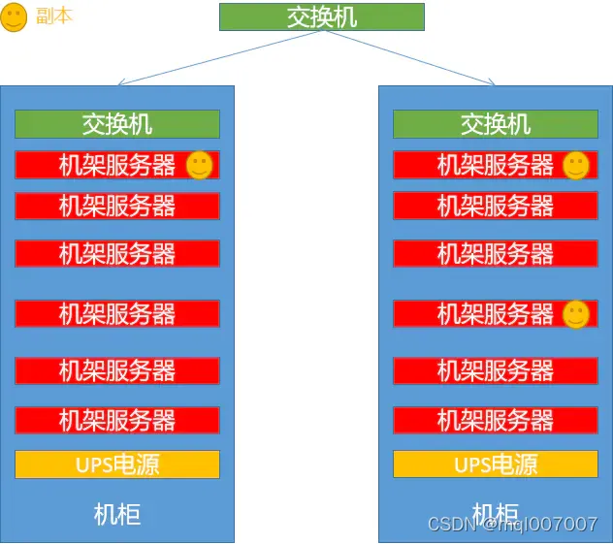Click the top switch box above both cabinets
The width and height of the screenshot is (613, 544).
pyautogui.click(x=321, y=16)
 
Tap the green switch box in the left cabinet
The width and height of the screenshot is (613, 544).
pyautogui.click(x=116, y=124)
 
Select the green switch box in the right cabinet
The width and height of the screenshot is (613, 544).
pyautogui.click(x=495, y=124)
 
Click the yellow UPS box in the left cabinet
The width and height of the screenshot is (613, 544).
pyautogui.click(x=116, y=464)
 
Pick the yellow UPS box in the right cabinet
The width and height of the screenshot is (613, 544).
pyautogui.click(x=495, y=464)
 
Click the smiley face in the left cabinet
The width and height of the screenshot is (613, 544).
pyautogui.click(x=199, y=165)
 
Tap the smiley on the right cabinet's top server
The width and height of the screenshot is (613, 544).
pyautogui.click(x=576, y=165)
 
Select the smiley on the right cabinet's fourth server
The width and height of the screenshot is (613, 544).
pyautogui.click(x=576, y=313)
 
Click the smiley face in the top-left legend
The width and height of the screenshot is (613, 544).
pyautogui.click(x=14, y=17)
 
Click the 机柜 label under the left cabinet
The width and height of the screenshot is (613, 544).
pyautogui.click(x=116, y=513)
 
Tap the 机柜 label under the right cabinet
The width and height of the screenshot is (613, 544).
pyautogui.click(x=495, y=513)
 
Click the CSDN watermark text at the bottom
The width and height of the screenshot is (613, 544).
pyautogui.click(x=512, y=525)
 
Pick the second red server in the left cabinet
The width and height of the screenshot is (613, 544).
pyautogui.click(x=116, y=206)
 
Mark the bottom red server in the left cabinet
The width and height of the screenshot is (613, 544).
pyautogui.click(x=116, y=420)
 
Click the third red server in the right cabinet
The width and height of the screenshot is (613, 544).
pyautogui.click(x=495, y=253)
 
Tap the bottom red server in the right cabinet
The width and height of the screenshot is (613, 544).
pyautogui.click(x=495, y=420)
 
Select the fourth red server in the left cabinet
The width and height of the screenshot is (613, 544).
pyautogui.click(x=116, y=313)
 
